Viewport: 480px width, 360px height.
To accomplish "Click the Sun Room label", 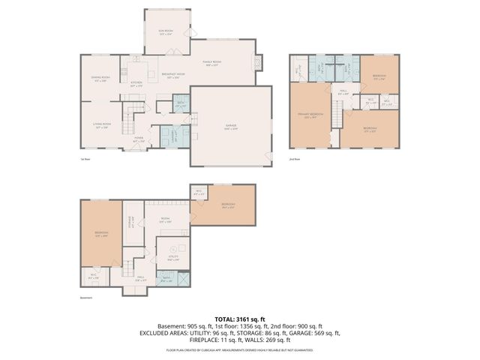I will (165, 31).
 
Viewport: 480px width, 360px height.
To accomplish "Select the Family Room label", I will (211, 63).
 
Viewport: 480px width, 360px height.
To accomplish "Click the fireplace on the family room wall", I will (259, 62).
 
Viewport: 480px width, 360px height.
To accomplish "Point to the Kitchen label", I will (136, 84).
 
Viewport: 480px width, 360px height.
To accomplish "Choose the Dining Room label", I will (101, 78).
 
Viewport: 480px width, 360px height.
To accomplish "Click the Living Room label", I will (102, 125).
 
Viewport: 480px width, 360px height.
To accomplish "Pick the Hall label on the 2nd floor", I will (343, 92).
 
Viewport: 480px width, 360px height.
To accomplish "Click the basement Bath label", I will (166, 280).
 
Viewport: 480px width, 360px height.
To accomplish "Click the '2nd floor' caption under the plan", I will (295, 159).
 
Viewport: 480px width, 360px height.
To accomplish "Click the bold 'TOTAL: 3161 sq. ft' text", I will (239, 319).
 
